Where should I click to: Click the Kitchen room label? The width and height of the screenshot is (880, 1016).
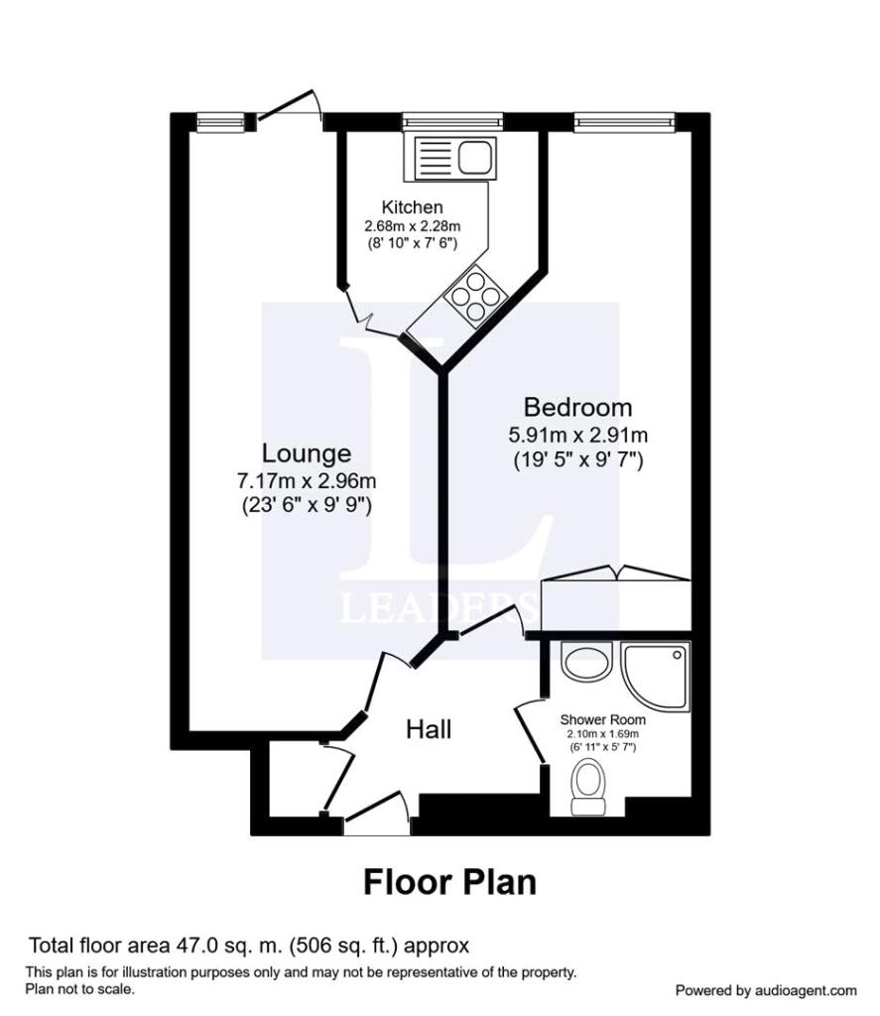coord(412,207)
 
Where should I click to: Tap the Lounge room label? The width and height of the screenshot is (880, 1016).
coord(307,452)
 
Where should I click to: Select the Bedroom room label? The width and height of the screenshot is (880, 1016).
coord(578,407)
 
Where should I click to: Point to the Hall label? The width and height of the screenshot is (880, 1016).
coord(429,729)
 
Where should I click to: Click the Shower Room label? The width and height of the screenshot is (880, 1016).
coord(602,719)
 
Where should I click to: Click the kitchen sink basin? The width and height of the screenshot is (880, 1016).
coord(476,157)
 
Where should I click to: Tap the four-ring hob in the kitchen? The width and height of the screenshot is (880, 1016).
coord(476,296)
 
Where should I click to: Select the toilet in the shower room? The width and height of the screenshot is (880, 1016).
coord(587,787)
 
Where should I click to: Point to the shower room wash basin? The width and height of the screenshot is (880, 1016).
coord(585,661)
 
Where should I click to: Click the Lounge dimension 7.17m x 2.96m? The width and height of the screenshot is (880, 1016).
coord(307,481)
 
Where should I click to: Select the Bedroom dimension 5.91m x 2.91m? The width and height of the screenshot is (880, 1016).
coord(578,435)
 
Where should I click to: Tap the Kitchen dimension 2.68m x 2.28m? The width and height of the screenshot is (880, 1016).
coord(412,227)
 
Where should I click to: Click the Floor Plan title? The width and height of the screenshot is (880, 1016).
coord(449,882)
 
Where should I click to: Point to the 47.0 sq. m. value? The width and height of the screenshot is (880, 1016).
coord(229,946)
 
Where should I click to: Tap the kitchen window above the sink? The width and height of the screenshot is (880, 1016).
coord(452,121)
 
